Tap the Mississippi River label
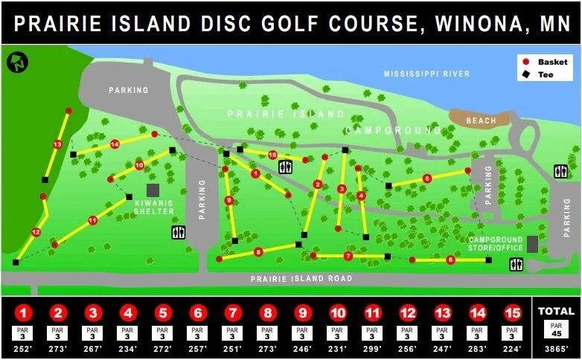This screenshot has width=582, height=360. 426,74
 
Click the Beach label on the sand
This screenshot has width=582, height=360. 480,120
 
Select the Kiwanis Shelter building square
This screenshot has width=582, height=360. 153,190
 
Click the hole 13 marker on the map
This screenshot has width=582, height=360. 57,144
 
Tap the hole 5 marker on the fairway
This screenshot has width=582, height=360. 426,179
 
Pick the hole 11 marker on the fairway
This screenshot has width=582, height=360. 92,220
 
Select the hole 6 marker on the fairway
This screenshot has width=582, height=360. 450,260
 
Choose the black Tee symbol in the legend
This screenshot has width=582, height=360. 525,74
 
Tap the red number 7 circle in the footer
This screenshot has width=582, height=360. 232,312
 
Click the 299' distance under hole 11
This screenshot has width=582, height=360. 372,348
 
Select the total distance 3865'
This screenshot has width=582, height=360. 556,348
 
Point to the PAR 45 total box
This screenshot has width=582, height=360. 556,330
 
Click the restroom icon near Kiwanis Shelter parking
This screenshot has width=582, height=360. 178,233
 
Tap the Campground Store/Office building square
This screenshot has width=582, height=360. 532,244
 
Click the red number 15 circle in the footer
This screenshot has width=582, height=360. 511,312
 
